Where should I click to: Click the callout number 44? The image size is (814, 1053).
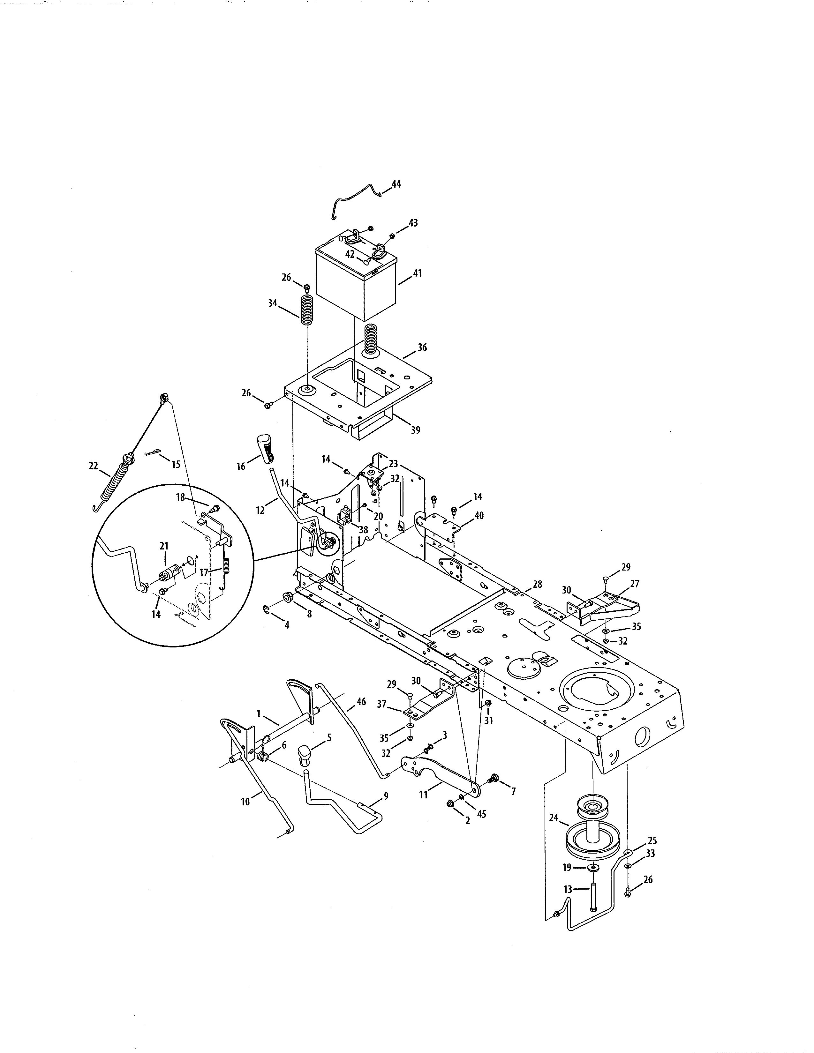click(396, 184)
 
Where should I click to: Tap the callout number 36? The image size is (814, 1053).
click(422, 347)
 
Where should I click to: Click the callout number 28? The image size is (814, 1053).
click(537, 584)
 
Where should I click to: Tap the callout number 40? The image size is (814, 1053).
click(479, 515)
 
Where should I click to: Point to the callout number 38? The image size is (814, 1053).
click(363, 529)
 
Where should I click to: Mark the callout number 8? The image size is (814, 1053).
click(309, 614)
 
